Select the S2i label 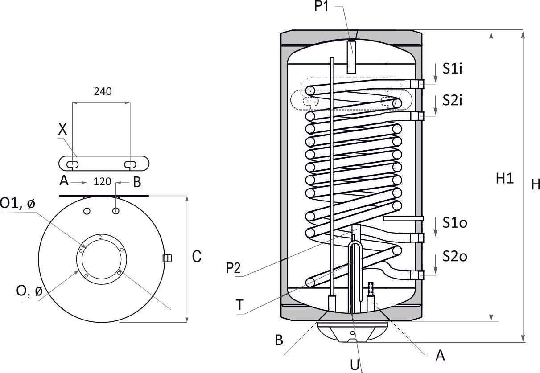[452, 100]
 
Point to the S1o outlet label [454, 222]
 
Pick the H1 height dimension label [505, 179]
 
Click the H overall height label [535, 184]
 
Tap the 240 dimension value [103, 91]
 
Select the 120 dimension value [102, 182]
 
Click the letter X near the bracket [63, 130]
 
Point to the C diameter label [197, 256]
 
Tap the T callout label [240, 305]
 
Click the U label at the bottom [355, 365]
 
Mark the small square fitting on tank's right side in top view [168, 258]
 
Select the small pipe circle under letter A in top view [87, 210]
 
